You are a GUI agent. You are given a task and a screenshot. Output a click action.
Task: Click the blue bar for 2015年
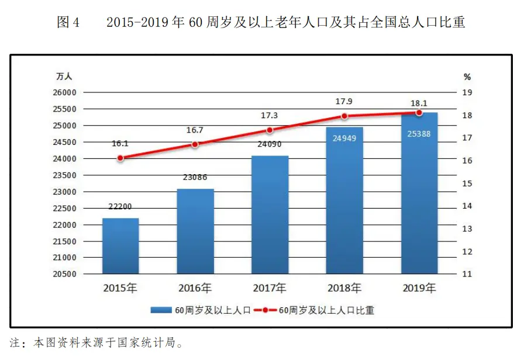tap(120, 245)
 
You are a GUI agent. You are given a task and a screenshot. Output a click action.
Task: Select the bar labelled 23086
tap(195, 231)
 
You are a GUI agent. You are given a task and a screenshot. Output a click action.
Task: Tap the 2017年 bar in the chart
tap(270, 214)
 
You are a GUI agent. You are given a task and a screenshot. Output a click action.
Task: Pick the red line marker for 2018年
tap(344, 116)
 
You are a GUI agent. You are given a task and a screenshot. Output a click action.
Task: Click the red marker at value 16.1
tap(120, 158)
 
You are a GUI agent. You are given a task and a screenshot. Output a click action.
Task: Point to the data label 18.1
tap(419, 103)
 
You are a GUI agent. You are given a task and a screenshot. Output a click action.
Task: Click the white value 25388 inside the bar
tap(419, 134)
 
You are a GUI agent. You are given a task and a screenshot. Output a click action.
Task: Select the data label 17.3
tap(270, 116)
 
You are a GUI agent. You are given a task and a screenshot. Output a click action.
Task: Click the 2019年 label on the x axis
tap(419, 288)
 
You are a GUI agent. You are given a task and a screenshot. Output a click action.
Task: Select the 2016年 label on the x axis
tap(195, 288)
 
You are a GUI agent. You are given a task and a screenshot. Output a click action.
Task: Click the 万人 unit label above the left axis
tap(64, 77)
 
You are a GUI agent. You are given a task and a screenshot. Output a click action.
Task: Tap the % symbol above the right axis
tap(467, 77)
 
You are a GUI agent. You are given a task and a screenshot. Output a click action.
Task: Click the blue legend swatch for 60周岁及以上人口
tap(161, 310)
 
